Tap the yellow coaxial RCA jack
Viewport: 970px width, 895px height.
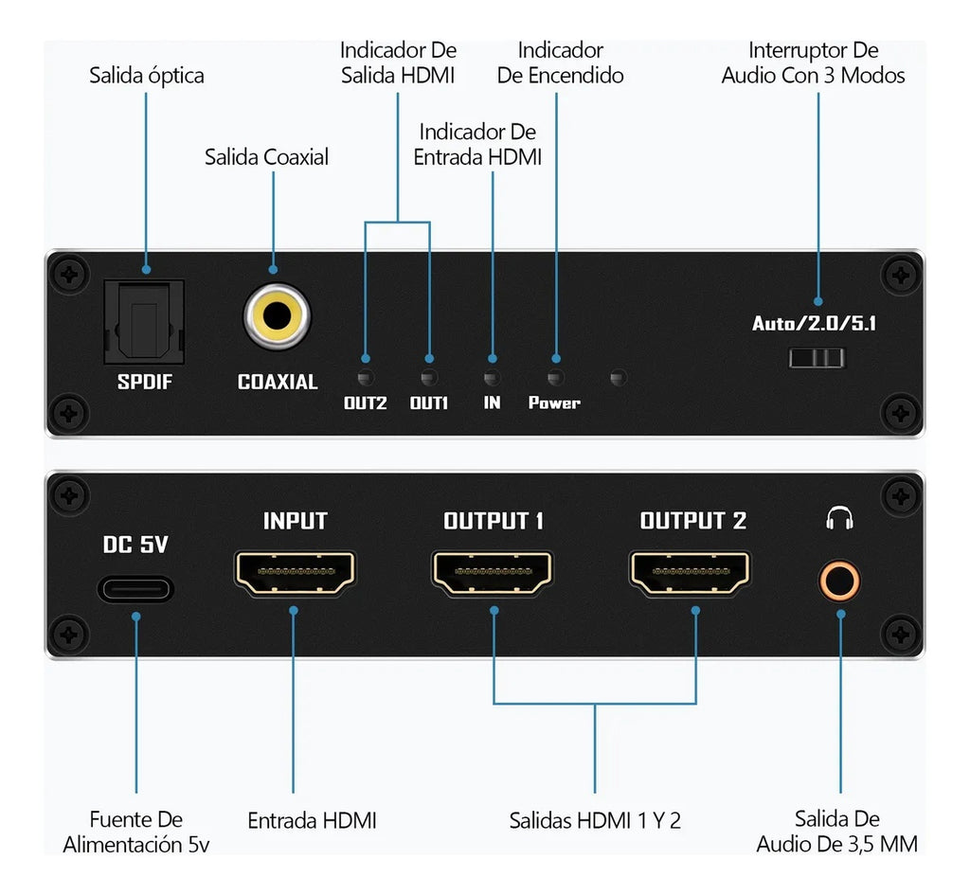[277, 317]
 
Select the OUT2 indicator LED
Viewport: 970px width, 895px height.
[366, 359]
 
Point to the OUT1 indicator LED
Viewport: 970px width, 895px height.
[429, 359]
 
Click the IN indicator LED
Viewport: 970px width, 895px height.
[492, 359]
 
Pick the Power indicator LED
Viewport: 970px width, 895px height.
[555, 359]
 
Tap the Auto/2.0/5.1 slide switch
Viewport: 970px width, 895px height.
[817, 357]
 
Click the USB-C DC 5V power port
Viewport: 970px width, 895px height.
[135, 588]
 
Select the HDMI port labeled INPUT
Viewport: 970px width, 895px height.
[294, 574]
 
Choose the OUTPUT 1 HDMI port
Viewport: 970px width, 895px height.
[493, 574]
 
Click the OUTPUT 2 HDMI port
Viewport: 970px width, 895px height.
[691, 574]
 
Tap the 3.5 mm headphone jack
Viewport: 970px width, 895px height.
[839, 580]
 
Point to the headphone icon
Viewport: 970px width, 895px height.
[839, 518]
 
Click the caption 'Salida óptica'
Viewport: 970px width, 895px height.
[147, 75]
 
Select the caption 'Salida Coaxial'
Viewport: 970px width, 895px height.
[267, 156]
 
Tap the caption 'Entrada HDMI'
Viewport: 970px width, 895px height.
[312, 820]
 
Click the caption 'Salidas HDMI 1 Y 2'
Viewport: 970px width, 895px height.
[595, 820]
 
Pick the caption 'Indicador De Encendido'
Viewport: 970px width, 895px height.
[561, 63]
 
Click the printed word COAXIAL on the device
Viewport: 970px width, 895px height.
[278, 383]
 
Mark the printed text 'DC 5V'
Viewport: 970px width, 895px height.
[135, 545]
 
